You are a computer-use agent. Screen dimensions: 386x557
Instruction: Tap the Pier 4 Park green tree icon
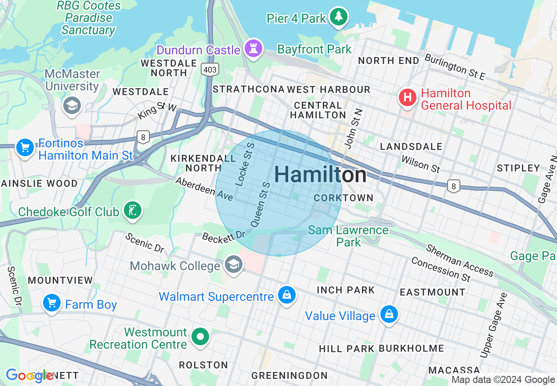tap(338, 17)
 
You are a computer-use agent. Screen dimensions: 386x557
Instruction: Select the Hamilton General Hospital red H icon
tap(407, 97)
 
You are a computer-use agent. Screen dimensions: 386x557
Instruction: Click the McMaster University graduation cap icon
tap(72, 105)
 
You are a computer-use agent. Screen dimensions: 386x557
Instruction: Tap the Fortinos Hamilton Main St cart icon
tap(25, 147)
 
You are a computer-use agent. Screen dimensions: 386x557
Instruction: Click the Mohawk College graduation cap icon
tap(233, 264)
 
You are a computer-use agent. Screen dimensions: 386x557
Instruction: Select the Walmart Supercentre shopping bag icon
tap(287, 295)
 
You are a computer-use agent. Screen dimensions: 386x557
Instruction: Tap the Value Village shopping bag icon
tap(389, 314)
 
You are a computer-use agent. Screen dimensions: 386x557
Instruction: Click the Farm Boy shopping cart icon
tap(52, 303)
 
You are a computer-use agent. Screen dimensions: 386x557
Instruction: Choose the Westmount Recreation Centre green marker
tap(201, 337)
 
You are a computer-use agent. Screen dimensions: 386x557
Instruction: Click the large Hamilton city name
tap(320, 175)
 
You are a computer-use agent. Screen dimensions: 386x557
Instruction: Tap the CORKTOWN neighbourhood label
tap(344, 198)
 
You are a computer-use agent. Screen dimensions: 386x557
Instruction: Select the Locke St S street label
tap(245, 164)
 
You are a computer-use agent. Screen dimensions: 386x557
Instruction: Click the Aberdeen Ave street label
tap(204, 189)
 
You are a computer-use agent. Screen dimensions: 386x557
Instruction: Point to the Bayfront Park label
tap(315, 49)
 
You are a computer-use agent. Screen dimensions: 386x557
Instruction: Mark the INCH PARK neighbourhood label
tap(346, 290)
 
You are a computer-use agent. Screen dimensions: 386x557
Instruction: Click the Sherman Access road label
tap(459, 260)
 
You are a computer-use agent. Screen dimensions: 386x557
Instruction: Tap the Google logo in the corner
tap(29, 375)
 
